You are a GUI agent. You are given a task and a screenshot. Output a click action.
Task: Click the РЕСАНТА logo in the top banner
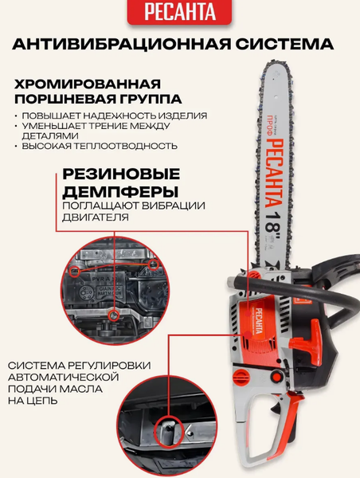pyautogui.click(x=179, y=13)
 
